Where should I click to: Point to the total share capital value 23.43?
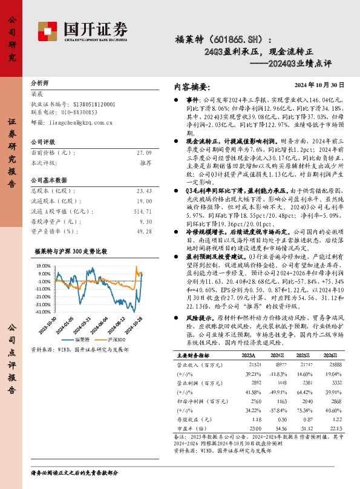[144, 191]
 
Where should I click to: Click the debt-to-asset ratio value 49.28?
[144, 231]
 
